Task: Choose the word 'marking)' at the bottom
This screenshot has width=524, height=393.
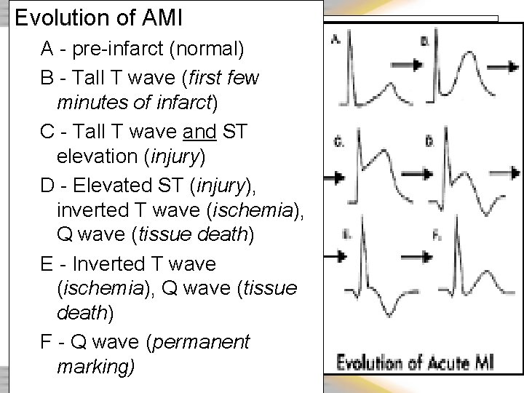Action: (x=95, y=366)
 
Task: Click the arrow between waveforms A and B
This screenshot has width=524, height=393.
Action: (x=410, y=65)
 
